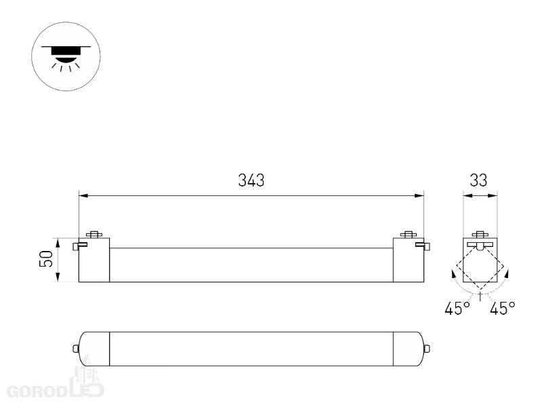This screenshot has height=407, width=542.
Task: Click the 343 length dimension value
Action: click(x=251, y=180)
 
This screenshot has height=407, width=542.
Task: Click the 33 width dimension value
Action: click(x=478, y=180)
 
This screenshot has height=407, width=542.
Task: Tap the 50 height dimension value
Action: click(x=46, y=259)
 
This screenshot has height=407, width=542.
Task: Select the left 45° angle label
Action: click(x=457, y=308)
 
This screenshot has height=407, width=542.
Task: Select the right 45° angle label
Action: click(x=502, y=308)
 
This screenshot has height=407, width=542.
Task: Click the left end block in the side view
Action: click(x=94, y=260)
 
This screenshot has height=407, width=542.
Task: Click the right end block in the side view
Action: click(x=409, y=260)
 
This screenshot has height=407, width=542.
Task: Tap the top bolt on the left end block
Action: click(x=94, y=234)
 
